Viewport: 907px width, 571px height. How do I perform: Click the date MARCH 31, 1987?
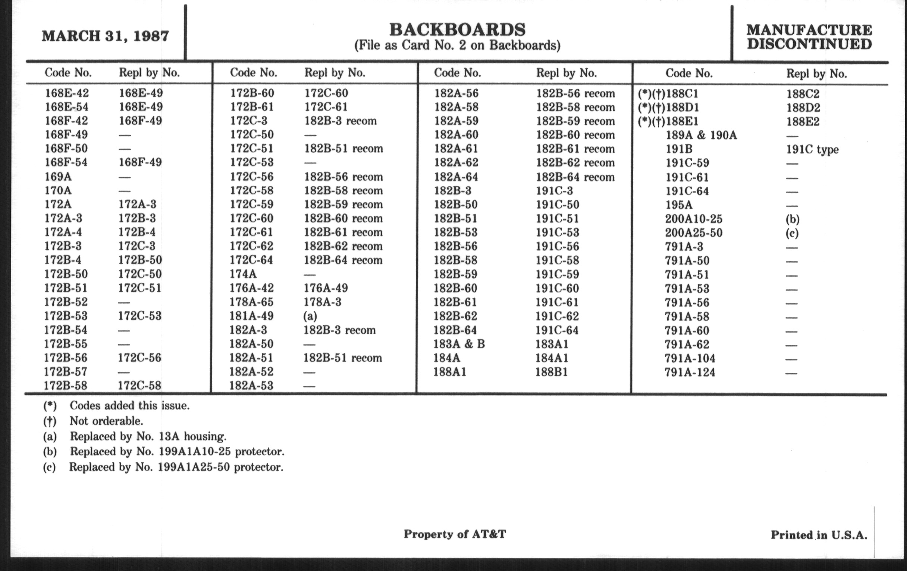(106, 36)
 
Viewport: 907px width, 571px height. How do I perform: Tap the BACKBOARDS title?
(457, 30)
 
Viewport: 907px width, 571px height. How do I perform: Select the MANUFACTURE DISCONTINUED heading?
(809, 37)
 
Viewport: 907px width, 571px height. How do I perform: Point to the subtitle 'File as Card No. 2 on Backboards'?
(457, 46)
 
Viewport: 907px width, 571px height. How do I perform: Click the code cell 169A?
(58, 177)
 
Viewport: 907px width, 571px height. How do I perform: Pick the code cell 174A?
(243, 274)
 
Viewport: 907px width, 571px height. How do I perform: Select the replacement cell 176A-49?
(326, 288)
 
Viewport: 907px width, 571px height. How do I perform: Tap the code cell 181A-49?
(251, 316)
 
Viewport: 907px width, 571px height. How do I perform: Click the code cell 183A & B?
(459, 344)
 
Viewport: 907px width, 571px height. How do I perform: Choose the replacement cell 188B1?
(552, 372)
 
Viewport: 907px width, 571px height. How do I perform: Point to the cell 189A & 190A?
(701, 135)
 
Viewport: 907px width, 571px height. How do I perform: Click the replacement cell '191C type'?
(812, 149)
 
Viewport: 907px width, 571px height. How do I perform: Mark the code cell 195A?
(679, 205)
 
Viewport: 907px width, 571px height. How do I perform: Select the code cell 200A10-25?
(693, 219)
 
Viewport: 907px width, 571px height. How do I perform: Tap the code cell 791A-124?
(690, 372)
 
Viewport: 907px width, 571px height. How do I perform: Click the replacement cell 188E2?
(803, 121)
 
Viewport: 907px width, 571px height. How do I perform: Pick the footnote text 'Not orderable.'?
(106, 421)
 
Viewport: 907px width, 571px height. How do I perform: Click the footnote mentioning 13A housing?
(148, 436)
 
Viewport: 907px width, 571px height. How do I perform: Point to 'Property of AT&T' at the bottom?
(455, 534)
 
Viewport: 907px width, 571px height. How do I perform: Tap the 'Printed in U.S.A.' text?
(819, 535)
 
